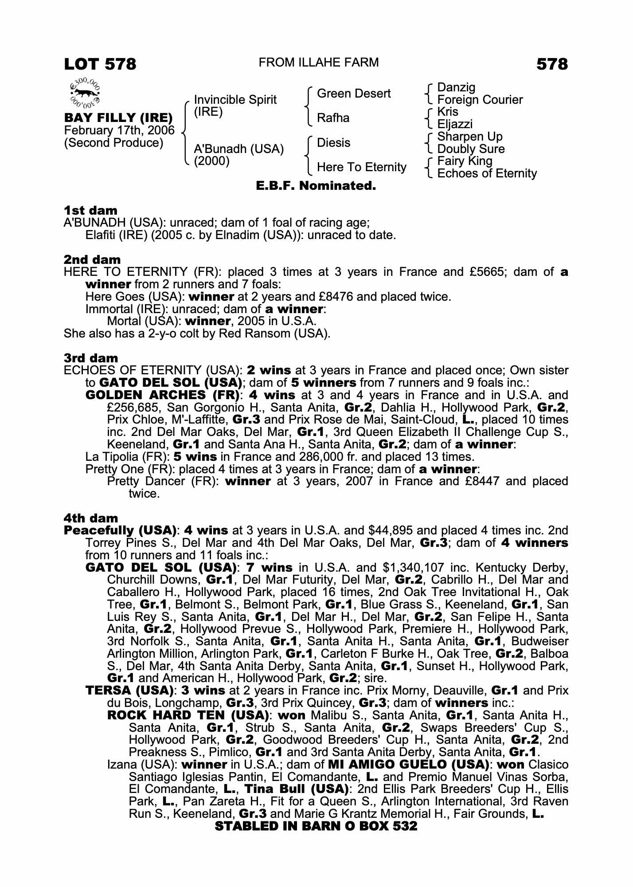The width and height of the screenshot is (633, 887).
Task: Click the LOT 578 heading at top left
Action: (x=100, y=64)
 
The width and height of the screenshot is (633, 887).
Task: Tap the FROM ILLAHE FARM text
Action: (x=318, y=63)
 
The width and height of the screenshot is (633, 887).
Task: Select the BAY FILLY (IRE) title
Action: (x=118, y=118)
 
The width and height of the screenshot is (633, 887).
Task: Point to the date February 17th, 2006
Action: (x=119, y=130)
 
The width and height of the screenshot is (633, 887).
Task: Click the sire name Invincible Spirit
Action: (x=235, y=100)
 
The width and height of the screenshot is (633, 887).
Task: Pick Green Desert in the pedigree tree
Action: (x=354, y=94)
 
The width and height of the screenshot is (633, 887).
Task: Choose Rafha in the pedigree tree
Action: (x=333, y=118)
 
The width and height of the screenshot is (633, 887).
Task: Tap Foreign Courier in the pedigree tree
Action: (x=480, y=100)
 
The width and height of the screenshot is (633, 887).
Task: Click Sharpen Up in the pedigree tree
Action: (x=469, y=137)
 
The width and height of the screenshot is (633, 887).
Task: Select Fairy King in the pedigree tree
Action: (x=465, y=161)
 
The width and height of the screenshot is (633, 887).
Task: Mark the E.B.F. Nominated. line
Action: (x=316, y=186)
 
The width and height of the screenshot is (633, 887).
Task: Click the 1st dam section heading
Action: (x=91, y=210)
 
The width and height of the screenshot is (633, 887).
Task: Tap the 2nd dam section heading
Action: (x=92, y=259)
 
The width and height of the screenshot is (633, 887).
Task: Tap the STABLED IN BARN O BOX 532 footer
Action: (x=316, y=826)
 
